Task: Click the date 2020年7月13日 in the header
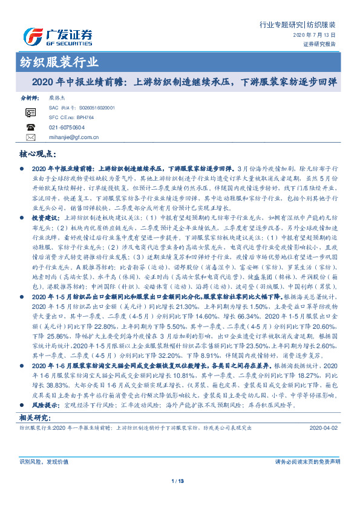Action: [318, 36]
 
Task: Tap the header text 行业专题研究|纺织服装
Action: [297, 25]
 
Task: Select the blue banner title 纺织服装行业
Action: [56, 62]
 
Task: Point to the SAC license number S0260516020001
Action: [103, 106]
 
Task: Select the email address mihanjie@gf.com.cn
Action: [84, 138]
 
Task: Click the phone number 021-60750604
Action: [83, 127]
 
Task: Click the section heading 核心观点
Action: [41, 155]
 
